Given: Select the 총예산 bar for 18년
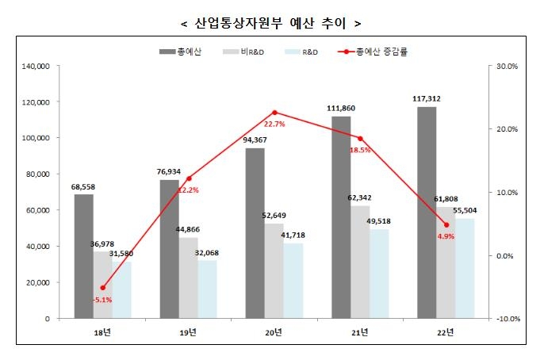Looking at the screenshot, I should coord(84,256).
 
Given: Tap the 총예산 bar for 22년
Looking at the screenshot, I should coord(427,213).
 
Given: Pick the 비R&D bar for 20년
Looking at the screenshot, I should coord(274,271).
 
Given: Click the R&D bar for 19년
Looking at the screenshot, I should coord(208,289).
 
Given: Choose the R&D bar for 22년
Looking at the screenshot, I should coord(465,268).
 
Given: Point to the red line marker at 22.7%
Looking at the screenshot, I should coord(274,113).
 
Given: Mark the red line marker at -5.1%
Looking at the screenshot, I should coord(103,288).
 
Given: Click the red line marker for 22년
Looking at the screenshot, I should coord(446,225).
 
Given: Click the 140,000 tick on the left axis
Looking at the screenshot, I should coord(36,67).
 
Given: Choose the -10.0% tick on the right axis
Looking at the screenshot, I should coord(506,319).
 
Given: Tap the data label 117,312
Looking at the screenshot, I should coord(427,99).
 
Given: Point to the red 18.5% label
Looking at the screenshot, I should coord(361,149).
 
